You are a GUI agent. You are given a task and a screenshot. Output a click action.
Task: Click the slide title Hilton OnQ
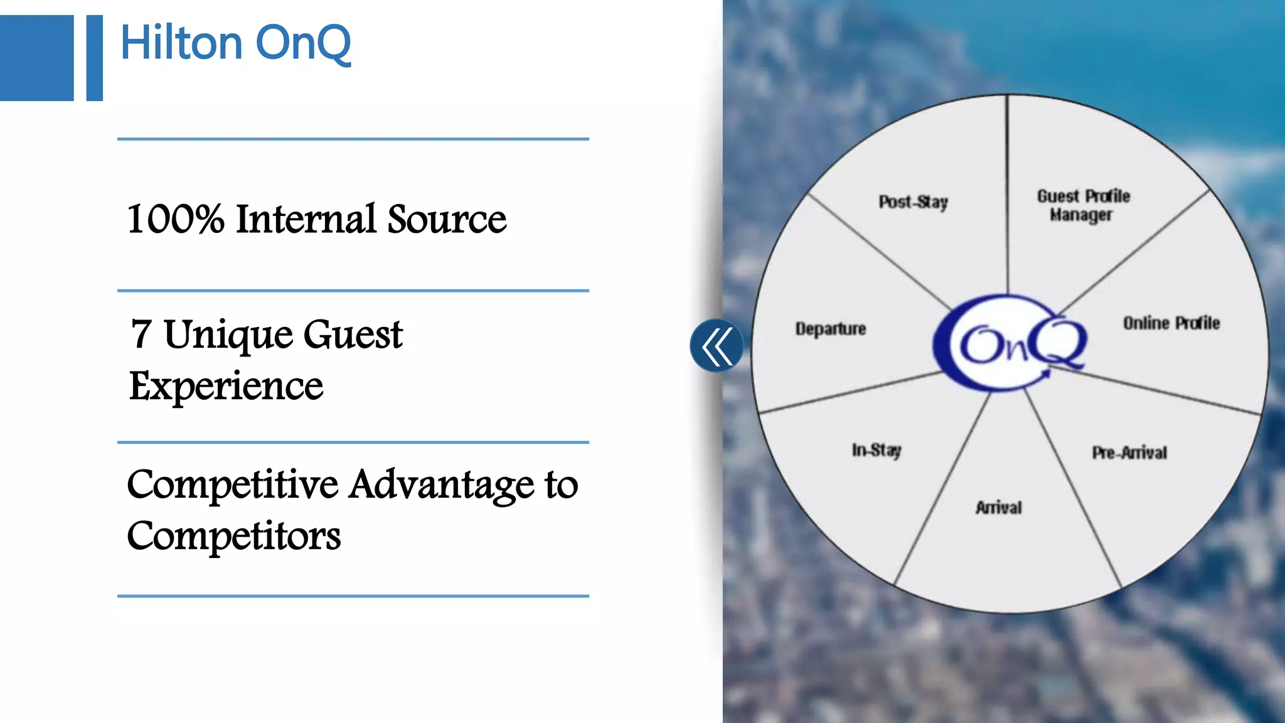[x=235, y=43]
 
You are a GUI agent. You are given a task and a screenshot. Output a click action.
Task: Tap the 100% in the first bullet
[x=176, y=219]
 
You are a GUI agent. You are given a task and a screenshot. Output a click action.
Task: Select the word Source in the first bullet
[x=447, y=219]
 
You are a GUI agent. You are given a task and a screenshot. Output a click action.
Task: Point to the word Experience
[x=226, y=385]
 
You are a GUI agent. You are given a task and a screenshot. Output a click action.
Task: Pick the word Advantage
[x=442, y=485]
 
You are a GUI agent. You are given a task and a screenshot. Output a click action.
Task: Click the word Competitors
[x=233, y=537]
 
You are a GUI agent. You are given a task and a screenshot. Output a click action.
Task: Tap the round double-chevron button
[x=717, y=345]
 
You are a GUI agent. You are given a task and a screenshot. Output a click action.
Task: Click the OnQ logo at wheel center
[x=1010, y=343]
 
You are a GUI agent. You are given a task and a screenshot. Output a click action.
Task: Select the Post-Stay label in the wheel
[x=913, y=202]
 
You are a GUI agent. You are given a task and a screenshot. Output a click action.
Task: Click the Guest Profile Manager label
[x=1083, y=205]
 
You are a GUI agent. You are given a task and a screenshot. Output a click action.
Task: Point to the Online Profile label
[x=1171, y=323]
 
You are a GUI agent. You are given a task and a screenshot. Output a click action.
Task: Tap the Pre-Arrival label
[x=1129, y=453]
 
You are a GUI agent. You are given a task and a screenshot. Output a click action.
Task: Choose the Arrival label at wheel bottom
[x=998, y=507]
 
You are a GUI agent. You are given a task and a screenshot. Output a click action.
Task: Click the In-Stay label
[x=877, y=450]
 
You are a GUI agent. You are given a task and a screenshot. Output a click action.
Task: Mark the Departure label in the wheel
[x=831, y=329]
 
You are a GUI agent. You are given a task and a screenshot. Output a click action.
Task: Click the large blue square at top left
[x=36, y=58]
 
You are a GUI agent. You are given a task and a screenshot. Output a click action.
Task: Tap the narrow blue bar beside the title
[x=94, y=58]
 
